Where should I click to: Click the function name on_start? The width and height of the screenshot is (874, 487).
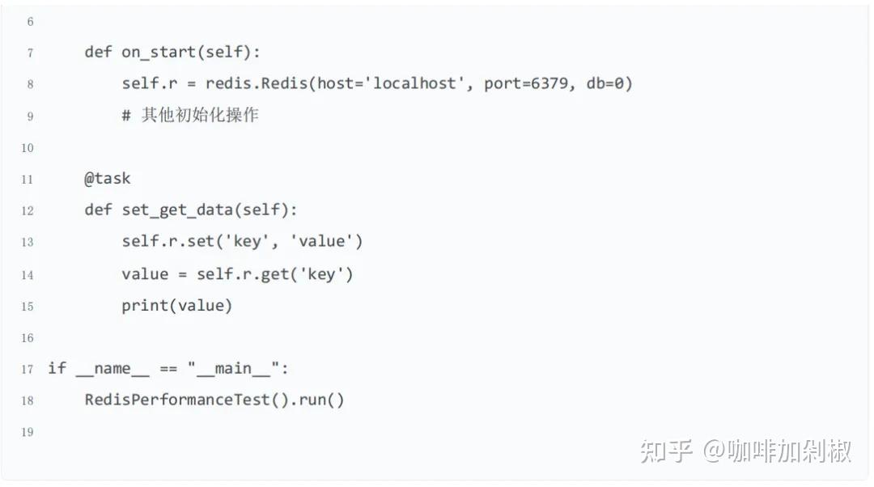coord(159,53)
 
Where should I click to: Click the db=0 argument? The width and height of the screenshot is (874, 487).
coord(606,84)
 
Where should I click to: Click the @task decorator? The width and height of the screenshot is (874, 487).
coord(107,179)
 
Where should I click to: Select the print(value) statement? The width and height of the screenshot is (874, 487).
coord(176,306)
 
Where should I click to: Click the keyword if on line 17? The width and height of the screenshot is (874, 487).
coord(57,369)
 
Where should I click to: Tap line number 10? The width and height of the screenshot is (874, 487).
coord(28,148)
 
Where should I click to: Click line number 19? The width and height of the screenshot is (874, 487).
coord(28,433)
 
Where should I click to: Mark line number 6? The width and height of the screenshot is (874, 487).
coord(30,22)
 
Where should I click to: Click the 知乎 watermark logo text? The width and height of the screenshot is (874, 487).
coord(665,451)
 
